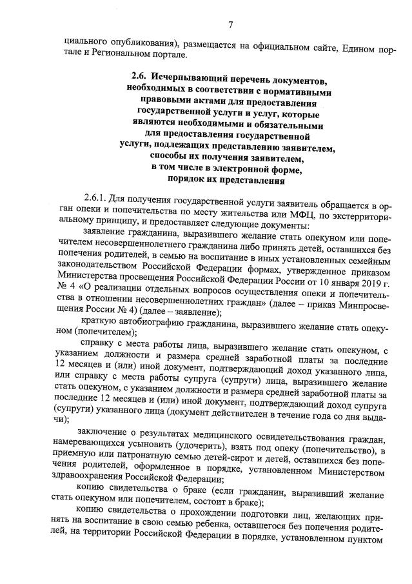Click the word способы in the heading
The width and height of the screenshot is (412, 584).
(167, 156)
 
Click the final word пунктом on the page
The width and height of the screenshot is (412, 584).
(368, 538)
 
